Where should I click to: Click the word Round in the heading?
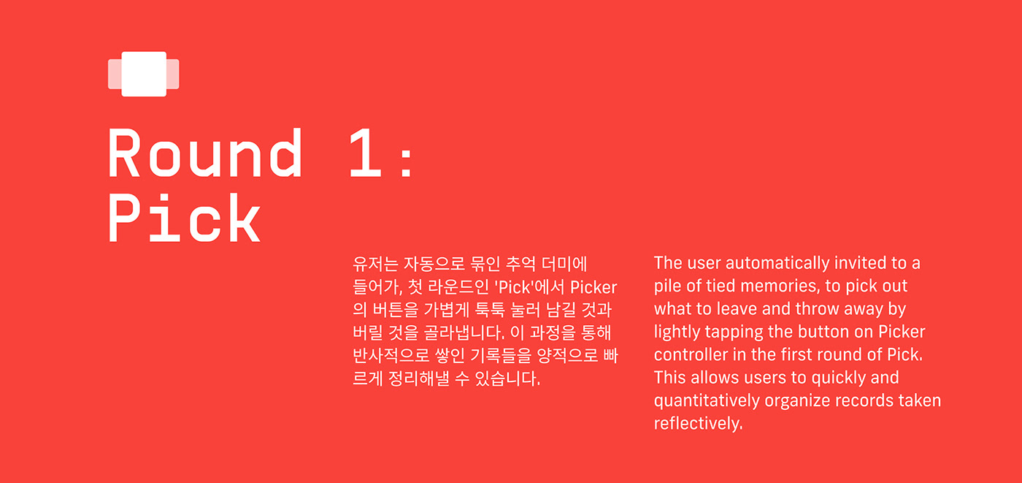(205, 153)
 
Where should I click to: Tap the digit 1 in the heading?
(364, 153)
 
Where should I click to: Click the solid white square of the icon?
(144, 74)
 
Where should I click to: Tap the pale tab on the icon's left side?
(114, 74)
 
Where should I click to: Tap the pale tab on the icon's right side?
(173, 74)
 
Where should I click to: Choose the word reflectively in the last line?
(698, 424)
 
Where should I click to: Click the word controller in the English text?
(691, 354)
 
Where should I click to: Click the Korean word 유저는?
(372, 263)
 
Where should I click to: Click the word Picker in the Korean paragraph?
(593, 286)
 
